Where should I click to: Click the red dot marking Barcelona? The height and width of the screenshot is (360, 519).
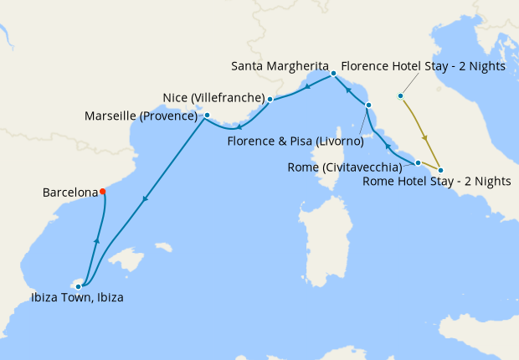point(103,192)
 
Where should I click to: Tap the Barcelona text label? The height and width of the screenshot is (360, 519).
point(70,193)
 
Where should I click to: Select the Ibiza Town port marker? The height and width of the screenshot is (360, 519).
point(79,286)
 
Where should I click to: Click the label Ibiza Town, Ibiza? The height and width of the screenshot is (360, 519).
point(78,298)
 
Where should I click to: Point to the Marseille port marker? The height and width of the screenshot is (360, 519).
point(207,116)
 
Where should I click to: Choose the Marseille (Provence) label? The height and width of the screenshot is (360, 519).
point(141,116)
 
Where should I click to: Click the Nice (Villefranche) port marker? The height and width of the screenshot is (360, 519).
point(270,100)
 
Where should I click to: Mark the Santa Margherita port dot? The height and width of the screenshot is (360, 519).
point(332,74)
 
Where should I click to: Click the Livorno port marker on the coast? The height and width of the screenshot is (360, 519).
point(367,105)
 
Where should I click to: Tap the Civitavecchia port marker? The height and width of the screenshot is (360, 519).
point(418,162)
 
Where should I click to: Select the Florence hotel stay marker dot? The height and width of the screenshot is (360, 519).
point(401,96)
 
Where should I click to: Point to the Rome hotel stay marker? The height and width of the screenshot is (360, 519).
point(440,171)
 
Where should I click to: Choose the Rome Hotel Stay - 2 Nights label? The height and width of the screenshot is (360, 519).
point(437,182)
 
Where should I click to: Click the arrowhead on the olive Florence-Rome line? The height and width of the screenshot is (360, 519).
point(426,137)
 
